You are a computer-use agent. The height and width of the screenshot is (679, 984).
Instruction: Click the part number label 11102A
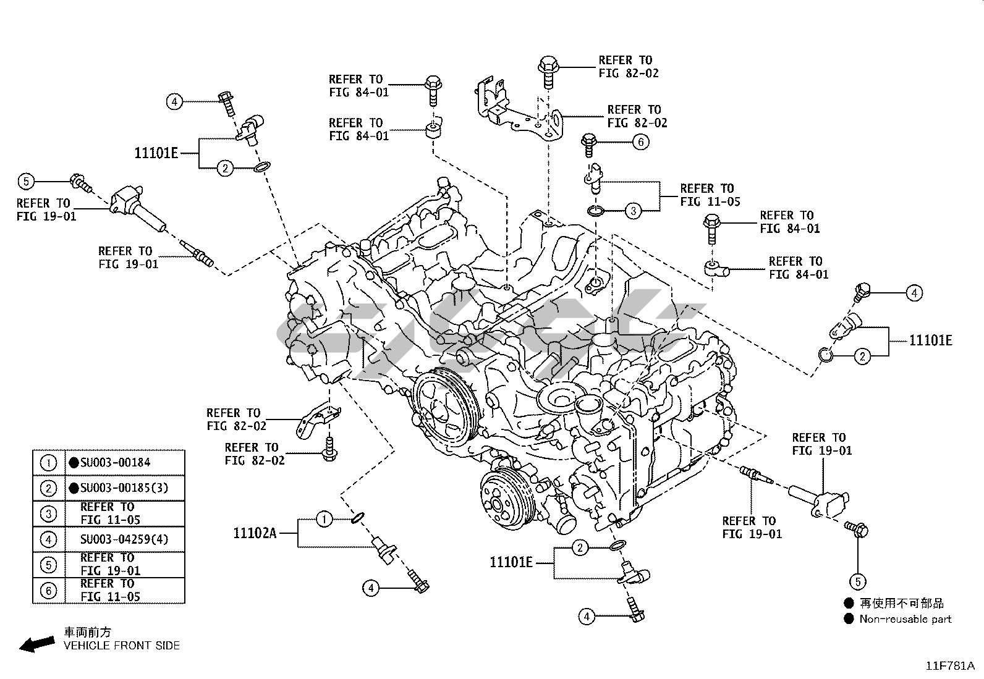click(x=255, y=533)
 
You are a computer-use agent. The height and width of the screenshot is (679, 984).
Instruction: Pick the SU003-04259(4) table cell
click(x=124, y=539)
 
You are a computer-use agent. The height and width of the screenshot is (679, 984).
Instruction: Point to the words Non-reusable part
click(x=906, y=619)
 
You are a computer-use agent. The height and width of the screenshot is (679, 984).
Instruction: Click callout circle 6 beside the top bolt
click(x=640, y=142)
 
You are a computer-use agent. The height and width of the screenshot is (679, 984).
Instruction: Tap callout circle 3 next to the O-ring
click(x=634, y=211)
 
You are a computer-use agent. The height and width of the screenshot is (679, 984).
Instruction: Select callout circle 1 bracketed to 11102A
click(x=324, y=520)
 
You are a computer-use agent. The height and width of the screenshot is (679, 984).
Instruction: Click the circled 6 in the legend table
click(x=48, y=591)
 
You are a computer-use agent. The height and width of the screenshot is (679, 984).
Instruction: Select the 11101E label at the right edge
click(x=930, y=340)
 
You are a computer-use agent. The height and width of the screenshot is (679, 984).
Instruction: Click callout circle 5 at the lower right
click(x=857, y=581)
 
